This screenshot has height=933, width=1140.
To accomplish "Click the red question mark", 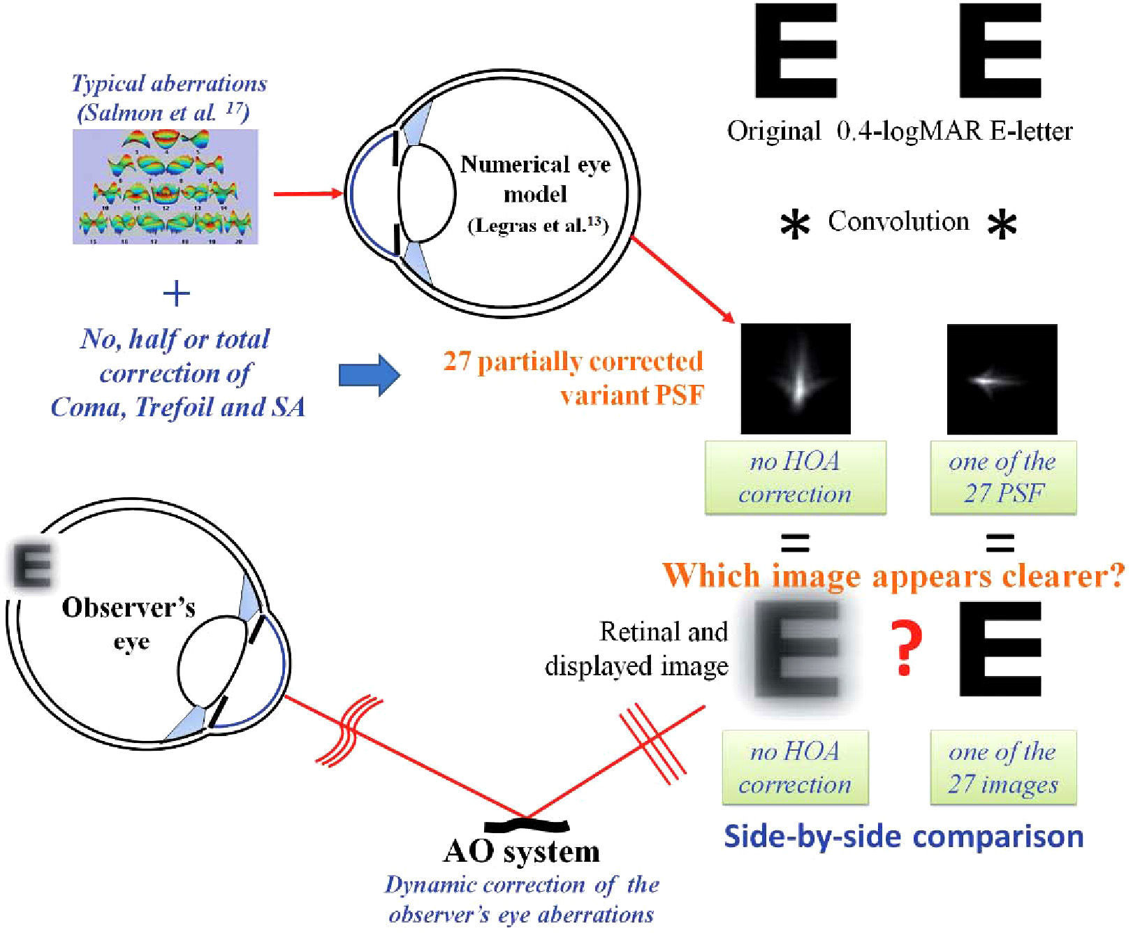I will pyautogui.click(x=905, y=649).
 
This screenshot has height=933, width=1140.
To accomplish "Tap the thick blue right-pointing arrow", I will pyautogui.click(x=369, y=375).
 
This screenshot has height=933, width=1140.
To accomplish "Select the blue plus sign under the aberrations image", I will pyautogui.click(x=176, y=294).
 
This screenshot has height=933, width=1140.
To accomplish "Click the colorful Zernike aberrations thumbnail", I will pyautogui.click(x=166, y=186).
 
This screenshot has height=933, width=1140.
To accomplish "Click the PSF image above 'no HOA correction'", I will pyautogui.click(x=796, y=379).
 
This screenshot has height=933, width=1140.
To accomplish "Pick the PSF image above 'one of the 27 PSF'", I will pyautogui.click(x=1002, y=379).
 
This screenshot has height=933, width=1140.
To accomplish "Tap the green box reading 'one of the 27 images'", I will pyautogui.click(x=1003, y=767).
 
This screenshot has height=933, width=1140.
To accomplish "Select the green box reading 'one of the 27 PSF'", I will pyautogui.click(x=1003, y=478).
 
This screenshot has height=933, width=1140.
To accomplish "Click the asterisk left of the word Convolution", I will pyautogui.click(x=795, y=226).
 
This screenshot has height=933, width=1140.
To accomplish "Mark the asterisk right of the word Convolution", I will pyautogui.click(x=1002, y=226).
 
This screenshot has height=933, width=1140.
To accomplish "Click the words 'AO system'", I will pyautogui.click(x=522, y=852).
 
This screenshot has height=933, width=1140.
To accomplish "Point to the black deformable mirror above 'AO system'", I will pyautogui.click(x=526, y=825).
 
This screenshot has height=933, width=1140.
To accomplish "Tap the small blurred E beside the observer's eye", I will pyautogui.click(x=32, y=566).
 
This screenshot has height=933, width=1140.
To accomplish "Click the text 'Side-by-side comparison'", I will pyautogui.click(x=903, y=836).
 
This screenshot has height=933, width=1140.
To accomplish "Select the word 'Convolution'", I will pyautogui.click(x=898, y=221).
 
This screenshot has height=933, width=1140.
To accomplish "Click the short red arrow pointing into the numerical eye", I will pyautogui.click(x=307, y=193).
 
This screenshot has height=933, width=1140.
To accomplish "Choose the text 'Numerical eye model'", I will pyautogui.click(x=535, y=179).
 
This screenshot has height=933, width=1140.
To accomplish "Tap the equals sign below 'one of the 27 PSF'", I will pyautogui.click(x=1000, y=543).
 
